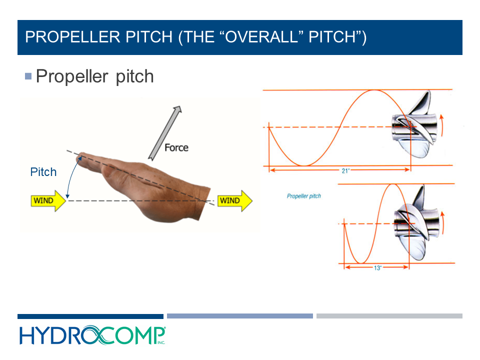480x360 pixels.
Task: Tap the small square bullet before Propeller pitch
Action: (28, 76)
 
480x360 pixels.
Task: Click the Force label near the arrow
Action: (176, 147)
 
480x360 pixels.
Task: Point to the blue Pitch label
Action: (43, 172)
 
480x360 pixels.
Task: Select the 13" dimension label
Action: (377, 268)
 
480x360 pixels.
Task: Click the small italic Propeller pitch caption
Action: (303, 196)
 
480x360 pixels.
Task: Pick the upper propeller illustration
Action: (415, 128)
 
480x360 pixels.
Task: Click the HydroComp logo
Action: (92, 335)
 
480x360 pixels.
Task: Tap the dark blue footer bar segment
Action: (90, 316)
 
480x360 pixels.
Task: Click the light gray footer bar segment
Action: (389, 316)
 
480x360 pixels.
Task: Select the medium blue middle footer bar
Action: (240, 316)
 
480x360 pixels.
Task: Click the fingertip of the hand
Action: (80, 157)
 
